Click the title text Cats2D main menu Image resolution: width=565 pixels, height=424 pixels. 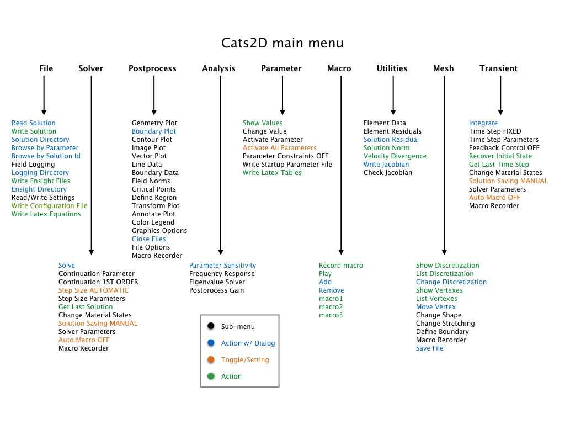[282, 43]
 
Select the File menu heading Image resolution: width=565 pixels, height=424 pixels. [46, 68]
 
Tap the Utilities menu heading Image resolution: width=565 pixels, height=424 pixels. [392, 68]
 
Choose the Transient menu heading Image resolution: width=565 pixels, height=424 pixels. [498, 68]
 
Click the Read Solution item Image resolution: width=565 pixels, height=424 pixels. [34, 123]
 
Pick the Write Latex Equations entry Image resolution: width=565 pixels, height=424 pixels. [46, 214]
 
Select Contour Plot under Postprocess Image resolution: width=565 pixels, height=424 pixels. [152, 140]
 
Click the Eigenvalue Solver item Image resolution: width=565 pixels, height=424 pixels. [217, 282]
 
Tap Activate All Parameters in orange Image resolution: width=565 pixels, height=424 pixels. [280, 148]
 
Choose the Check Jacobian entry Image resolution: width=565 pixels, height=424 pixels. [388, 173]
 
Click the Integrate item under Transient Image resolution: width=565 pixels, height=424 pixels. [483, 123]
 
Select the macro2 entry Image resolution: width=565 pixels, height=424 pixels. [331, 307]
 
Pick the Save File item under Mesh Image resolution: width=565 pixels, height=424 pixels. [430, 348]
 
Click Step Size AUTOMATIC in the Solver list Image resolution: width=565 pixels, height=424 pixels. [94, 290]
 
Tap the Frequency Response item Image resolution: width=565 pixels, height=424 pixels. [222, 274]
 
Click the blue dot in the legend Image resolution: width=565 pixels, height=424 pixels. [211, 343]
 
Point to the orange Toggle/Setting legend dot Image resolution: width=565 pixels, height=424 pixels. [211, 360]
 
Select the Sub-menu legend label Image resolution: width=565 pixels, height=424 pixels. [238, 327]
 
